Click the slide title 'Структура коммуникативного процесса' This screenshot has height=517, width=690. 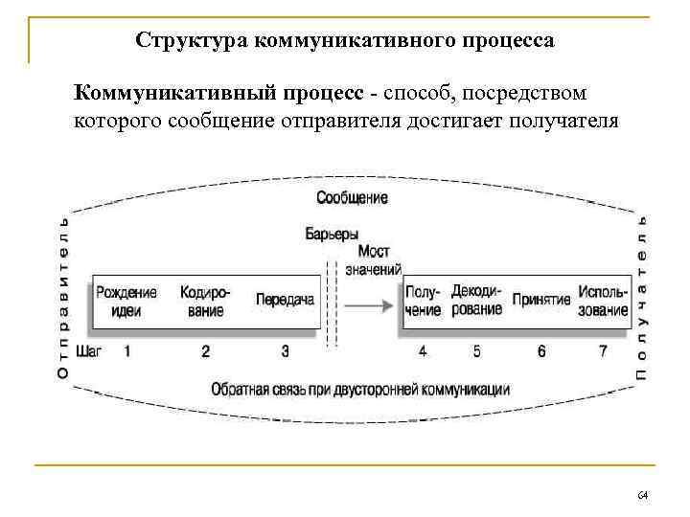pos(344,41)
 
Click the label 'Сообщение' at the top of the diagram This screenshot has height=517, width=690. pos(352,198)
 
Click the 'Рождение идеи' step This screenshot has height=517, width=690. pos(126,301)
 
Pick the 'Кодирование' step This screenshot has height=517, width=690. pos(205,301)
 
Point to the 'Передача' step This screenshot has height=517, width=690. pos(286,301)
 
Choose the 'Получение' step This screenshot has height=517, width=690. pos(423,301)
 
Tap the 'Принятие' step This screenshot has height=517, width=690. pos(541,301)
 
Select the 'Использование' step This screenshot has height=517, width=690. pos(603,301)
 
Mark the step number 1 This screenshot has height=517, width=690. pos(127,351)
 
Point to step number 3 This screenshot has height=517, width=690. pos(286,351)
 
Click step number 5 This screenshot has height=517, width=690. pos(477,351)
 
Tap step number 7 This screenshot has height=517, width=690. pos(603,351)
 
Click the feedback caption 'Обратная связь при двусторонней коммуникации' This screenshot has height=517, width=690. pos(359,390)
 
